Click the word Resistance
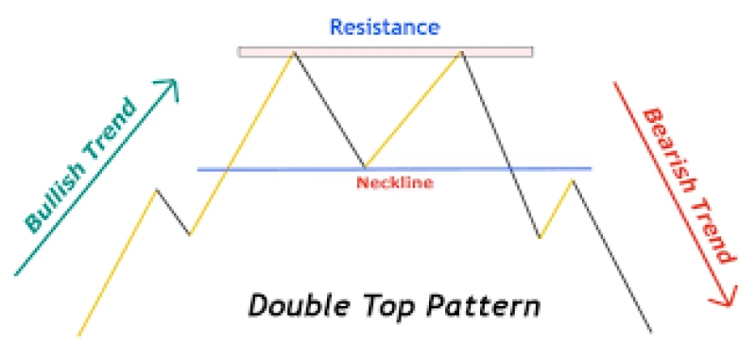pos(384,26)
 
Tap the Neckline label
pos(394,183)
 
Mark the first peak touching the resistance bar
pos(294,53)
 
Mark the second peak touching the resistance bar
pos(461,53)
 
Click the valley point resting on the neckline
pos(366,167)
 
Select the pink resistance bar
pos(385,51)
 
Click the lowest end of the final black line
pos(651,332)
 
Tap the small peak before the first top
pos(157,189)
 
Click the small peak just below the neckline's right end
pos(572,179)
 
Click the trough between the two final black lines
pos(540,237)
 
